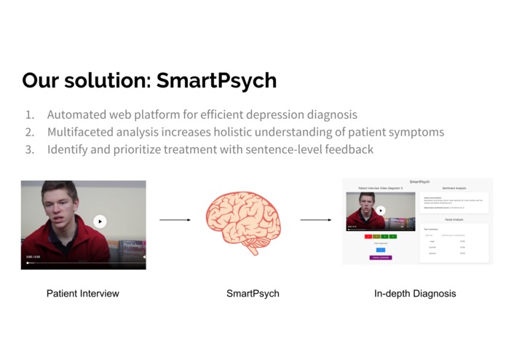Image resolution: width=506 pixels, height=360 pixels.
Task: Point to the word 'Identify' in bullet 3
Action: pyautogui.click(x=69, y=149)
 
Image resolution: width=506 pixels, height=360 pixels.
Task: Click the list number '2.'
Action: pyautogui.click(x=30, y=132)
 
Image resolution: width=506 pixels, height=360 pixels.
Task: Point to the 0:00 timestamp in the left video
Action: pyautogui.click(x=30, y=257)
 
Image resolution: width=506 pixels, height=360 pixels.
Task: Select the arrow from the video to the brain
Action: pyautogui.click(x=175, y=219)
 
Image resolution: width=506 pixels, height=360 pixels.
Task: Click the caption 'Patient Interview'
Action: pyautogui.click(x=82, y=294)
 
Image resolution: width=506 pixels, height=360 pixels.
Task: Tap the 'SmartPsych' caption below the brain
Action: pyautogui.click(x=253, y=294)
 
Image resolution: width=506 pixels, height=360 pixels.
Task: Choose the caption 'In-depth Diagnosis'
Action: pyautogui.click(x=415, y=294)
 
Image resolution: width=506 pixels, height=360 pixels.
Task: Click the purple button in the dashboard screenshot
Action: pyautogui.click(x=381, y=257)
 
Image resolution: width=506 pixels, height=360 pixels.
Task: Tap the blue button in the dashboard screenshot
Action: pyautogui.click(x=381, y=250)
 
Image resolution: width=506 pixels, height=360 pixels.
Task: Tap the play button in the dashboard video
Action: pyautogui.click(x=380, y=211)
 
